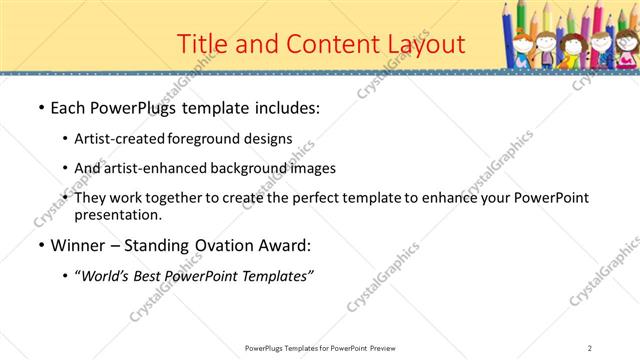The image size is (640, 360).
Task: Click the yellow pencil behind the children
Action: (x=547, y=20)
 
